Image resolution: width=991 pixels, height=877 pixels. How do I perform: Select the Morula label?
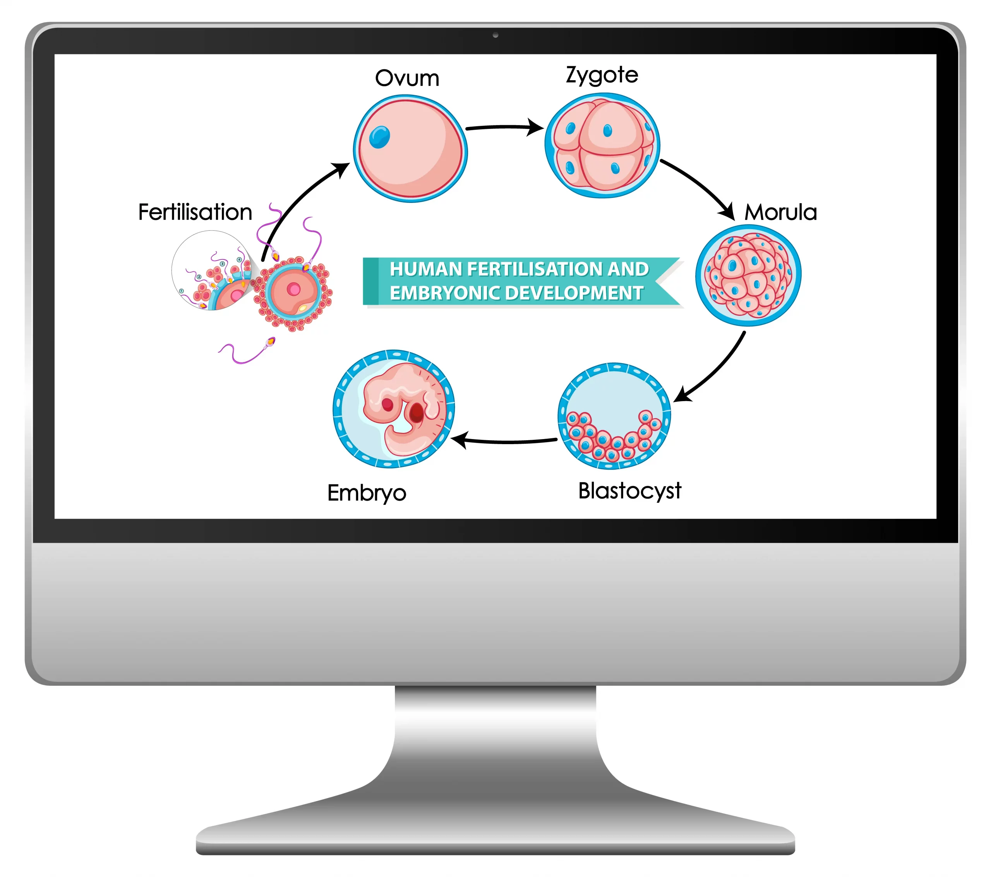pos(780,213)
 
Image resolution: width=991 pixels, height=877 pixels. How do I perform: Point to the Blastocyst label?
pos(629,491)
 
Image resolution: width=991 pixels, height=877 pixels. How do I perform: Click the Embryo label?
pos(367,493)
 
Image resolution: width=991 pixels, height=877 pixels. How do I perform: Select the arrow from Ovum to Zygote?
pos(504,127)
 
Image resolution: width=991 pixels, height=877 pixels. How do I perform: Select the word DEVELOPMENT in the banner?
pos(577,293)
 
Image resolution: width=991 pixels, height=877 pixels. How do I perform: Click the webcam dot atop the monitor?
pos(495,35)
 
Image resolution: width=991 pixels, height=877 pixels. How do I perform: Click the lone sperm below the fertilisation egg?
pos(247,352)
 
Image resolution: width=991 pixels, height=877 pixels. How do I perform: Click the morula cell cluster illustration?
pos(748,275)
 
